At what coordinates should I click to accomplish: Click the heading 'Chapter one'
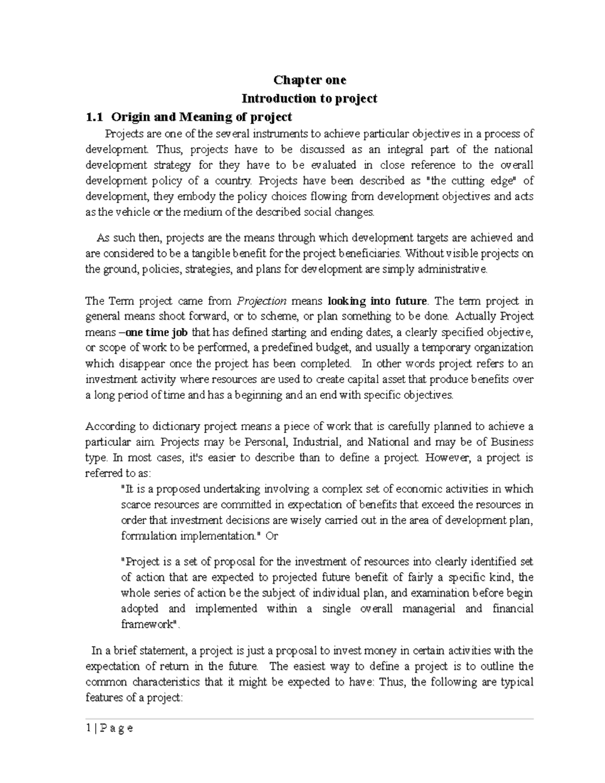point(310,80)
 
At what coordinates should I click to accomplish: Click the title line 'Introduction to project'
point(310,98)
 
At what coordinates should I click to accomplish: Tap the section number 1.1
point(94,117)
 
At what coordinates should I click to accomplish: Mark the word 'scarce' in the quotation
point(136,505)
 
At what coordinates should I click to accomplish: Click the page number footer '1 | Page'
point(109,728)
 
